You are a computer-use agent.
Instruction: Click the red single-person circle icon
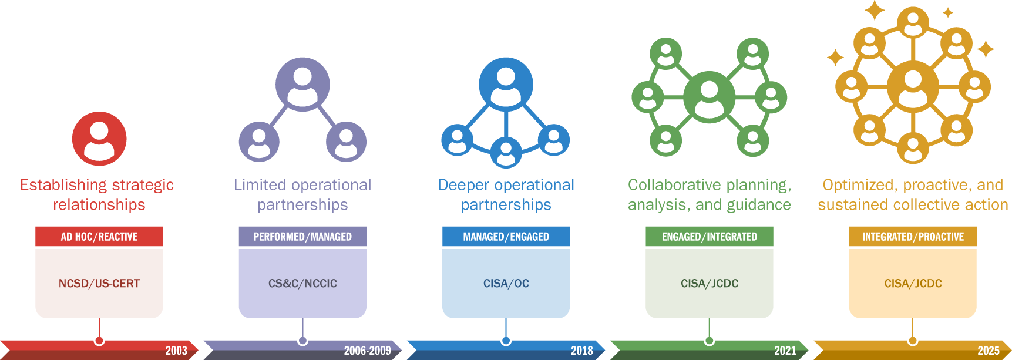click(x=99, y=139)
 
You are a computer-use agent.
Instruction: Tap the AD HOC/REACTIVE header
click(x=99, y=237)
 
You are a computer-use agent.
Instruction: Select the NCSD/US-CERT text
click(x=99, y=284)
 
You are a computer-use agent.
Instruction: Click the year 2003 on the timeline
click(x=176, y=351)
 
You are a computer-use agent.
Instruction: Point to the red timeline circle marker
click(x=99, y=340)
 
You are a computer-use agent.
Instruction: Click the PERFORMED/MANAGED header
click(x=302, y=237)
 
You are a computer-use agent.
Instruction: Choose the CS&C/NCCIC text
click(x=302, y=284)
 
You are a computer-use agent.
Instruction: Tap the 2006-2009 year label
click(x=367, y=351)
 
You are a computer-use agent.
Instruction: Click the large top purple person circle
click(x=302, y=85)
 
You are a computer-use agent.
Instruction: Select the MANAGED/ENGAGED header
click(x=506, y=237)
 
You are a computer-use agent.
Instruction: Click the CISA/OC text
click(x=506, y=284)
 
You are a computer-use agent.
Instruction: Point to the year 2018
click(x=581, y=351)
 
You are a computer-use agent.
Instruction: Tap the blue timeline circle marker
click(x=506, y=340)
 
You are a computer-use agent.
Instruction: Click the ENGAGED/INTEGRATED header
click(x=709, y=237)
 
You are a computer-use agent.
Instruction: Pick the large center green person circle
click(x=709, y=97)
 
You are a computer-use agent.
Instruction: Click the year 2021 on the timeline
click(x=785, y=351)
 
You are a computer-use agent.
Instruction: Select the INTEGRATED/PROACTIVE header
click(x=913, y=237)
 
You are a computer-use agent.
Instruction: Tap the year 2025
click(x=988, y=351)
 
